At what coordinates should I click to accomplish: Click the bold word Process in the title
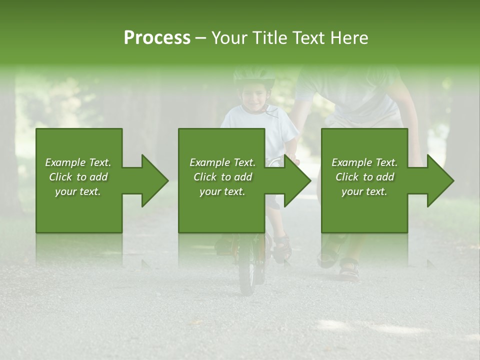coord(157,37)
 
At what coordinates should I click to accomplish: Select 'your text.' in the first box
coord(78,191)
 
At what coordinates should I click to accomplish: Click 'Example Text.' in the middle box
coord(222,162)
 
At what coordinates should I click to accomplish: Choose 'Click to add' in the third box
coord(365,177)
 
